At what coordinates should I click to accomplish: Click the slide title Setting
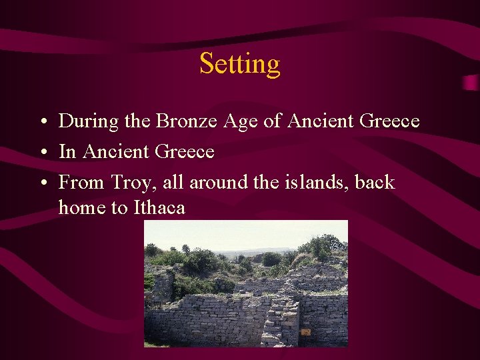tap(239, 64)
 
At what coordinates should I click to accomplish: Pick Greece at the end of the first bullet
tap(389, 121)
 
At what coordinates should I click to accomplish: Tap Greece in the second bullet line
tap(184, 152)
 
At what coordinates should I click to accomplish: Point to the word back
tap(373, 182)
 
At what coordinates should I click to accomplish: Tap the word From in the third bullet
tap(80, 183)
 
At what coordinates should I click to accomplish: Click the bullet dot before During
tap(42, 123)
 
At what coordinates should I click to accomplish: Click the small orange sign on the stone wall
tap(306, 331)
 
